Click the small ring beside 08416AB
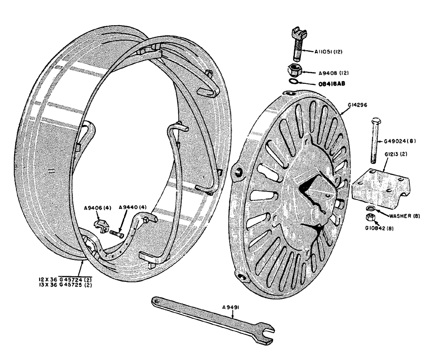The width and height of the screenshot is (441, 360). pos(293,81)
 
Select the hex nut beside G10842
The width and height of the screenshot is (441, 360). pos(370,217)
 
